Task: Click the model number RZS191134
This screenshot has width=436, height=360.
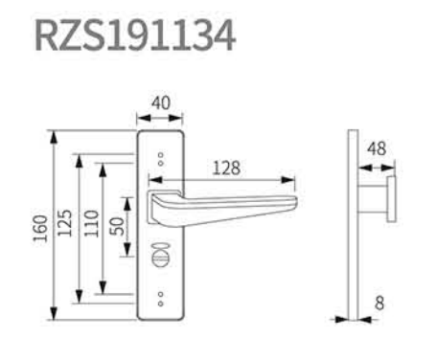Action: [x=135, y=35]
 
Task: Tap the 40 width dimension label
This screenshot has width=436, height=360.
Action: [x=161, y=103]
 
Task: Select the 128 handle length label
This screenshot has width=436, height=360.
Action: [x=226, y=168]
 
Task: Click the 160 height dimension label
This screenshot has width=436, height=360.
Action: [x=40, y=228]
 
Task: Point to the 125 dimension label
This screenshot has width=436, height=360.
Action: [x=64, y=223]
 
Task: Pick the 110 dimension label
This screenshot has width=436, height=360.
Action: [x=92, y=223]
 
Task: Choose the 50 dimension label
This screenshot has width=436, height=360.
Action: [x=117, y=226]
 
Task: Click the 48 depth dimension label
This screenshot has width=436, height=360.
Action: [x=377, y=148]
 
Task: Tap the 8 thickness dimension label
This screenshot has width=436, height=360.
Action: [x=379, y=303]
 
